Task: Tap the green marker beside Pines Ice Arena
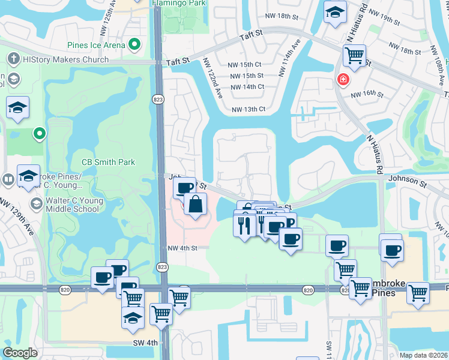pyautogui.click(x=135, y=44)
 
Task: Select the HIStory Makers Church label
pyautogui.click(x=66, y=59)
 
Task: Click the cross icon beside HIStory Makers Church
pyautogui.click(x=13, y=59)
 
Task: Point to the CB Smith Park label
pyautogui.click(x=108, y=162)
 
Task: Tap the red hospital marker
pyautogui.click(x=343, y=79)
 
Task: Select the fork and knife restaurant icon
pyautogui.click(x=244, y=225)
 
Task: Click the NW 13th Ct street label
pyautogui.click(x=249, y=109)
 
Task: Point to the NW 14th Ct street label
pyautogui.click(x=247, y=86)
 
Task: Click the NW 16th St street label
pyautogui.click(x=367, y=94)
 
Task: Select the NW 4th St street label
pyautogui.click(x=182, y=248)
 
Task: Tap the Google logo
pyautogui.click(x=20, y=353)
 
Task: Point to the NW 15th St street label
pyautogui.click(x=248, y=75)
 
